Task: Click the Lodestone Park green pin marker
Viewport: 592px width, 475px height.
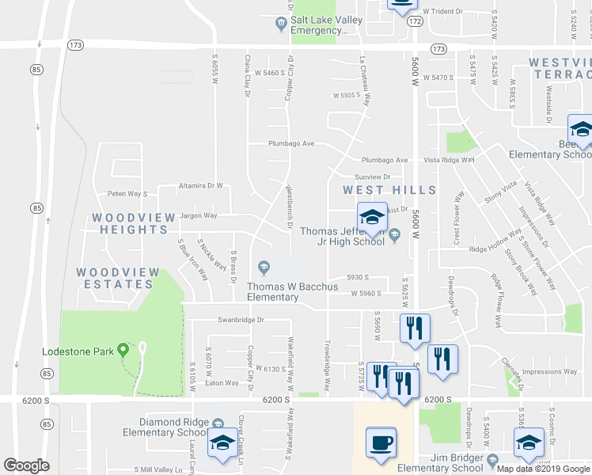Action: point(123,349)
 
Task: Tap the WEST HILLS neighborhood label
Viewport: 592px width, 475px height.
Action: point(389,190)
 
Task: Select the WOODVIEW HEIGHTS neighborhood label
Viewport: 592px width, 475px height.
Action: point(130,223)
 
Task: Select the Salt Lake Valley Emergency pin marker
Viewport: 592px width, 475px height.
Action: point(281,22)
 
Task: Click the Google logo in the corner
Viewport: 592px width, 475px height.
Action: point(26,465)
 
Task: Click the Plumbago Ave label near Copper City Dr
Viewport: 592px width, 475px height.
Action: point(291,144)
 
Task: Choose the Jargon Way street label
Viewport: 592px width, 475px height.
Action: point(198,215)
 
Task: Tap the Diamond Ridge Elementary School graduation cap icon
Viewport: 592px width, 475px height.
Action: point(222,445)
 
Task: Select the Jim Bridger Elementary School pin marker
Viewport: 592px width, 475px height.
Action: point(492,459)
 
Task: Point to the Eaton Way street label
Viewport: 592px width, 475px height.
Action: point(222,383)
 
